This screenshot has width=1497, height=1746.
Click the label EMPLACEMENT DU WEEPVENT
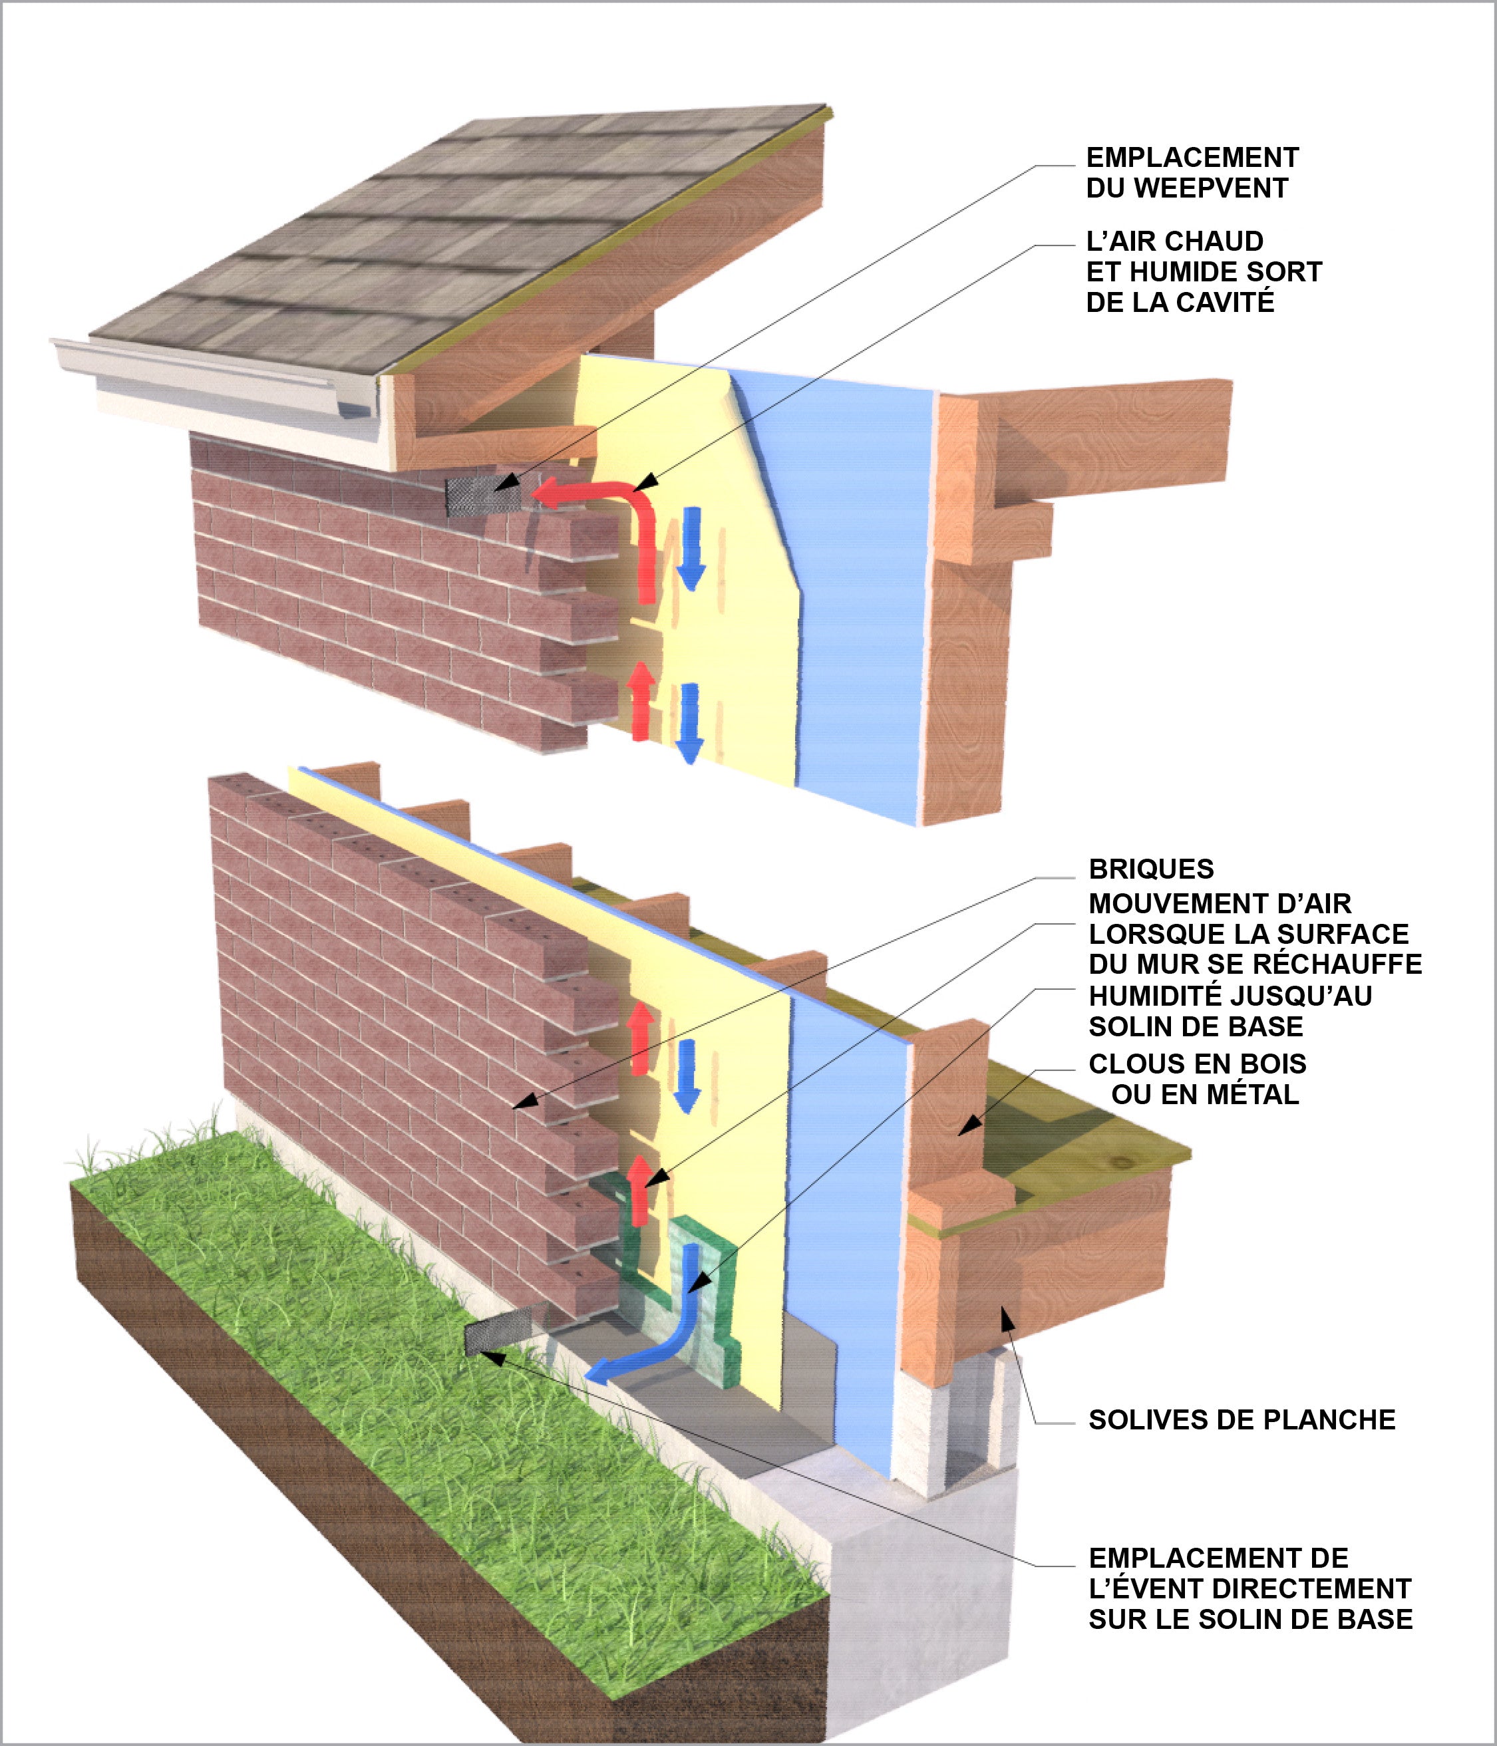[1192, 173]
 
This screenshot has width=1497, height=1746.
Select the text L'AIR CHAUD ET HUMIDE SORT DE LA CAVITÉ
[1204, 271]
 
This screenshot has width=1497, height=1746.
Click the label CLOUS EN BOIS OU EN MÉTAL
[1198, 1080]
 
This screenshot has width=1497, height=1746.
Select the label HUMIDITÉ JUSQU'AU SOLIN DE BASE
[1230, 1010]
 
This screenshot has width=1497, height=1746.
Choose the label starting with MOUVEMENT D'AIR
[1254, 934]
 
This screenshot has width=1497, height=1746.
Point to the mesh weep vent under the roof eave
[482, 496]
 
